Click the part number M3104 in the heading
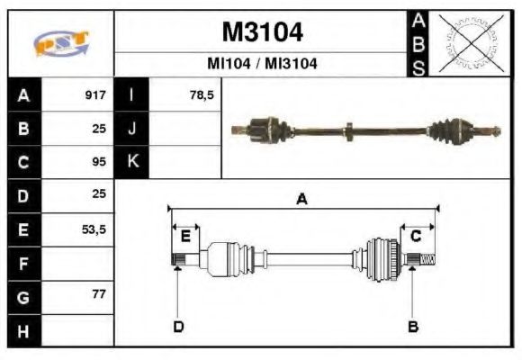coord(262,32)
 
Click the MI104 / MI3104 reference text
coord(262,64)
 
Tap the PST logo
coord(61,44)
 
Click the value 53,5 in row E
coord(94,229)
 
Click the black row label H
coord(23,330)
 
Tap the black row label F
coord(23,264)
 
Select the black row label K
coord(132,162)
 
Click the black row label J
coord(132,129)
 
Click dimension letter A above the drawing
coord(302,201)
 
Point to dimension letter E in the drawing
coord(185,237)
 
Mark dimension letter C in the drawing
coord(417,237)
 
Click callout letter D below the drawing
coord(177,326)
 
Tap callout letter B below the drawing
coord(413,326)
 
